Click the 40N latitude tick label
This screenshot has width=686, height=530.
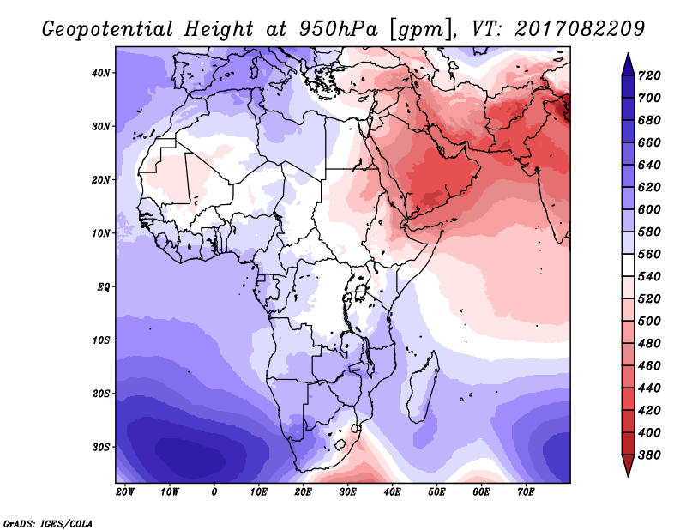(x=101, y=73)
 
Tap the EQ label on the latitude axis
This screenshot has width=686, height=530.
(x=103, y=287)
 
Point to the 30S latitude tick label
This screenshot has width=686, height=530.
(x=101, y=448)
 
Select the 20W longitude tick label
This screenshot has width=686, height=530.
(x=125, y=492)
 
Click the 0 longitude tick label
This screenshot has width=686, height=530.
(x=214, y=492)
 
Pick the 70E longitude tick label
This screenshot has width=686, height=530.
(x=526, y=492)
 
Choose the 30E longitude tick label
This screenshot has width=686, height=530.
(x=347, y=492)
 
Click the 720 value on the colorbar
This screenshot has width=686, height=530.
(x=649, y=75)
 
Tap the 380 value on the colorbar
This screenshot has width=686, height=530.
(x=649, y=455)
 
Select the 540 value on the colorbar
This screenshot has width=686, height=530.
(x=649, y=277)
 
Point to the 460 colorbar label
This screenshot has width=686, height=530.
(x=649, y=366)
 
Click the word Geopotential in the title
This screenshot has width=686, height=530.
(x=108, y=30)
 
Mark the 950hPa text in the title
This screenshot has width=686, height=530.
(x=339, y=29)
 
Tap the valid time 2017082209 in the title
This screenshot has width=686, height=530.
(x=580, y=29)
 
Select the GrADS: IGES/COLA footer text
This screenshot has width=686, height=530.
(x=48, y=524)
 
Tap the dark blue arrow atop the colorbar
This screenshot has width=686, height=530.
(x=628, y=64)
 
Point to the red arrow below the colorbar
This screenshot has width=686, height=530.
(x=628, y=466)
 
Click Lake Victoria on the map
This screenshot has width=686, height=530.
(x=360, y=292)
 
